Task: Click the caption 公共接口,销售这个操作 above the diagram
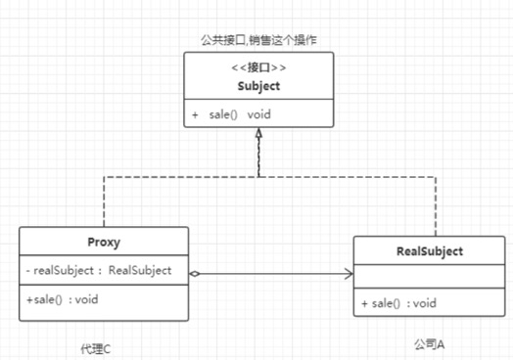[x=257, y=39]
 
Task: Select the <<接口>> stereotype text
[x=257, y=68]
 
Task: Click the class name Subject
[x=257, y=86]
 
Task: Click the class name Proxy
[x=103, y=241]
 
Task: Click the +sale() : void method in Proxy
[x=63, y=298]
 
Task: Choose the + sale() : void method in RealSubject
[x=398, y=303]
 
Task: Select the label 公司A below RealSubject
[x=428, y=343]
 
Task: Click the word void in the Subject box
[x=259, y=114]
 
